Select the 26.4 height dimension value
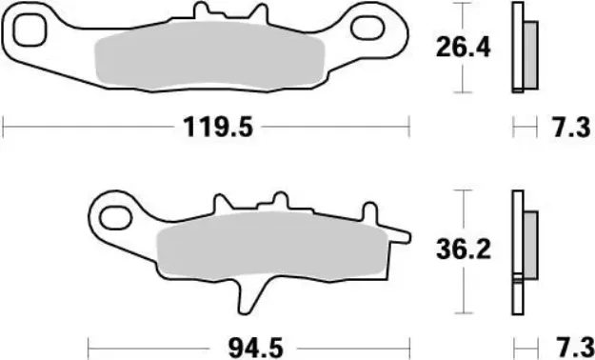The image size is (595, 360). tap(463, 47)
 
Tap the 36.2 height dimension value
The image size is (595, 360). tap(463, 250)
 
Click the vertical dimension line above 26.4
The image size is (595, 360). tap(463, 17)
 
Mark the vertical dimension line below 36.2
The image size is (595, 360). tap(463, 290)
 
